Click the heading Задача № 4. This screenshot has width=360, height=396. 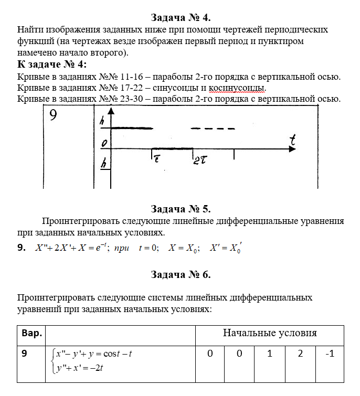(181, 18)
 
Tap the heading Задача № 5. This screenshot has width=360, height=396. (181, 209)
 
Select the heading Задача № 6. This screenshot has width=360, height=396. (181, 274)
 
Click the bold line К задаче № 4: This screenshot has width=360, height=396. (52, 65)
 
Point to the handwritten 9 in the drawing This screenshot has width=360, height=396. (54, 116)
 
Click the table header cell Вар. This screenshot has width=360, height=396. (31, 334)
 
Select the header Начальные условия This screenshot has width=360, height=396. (270, 333)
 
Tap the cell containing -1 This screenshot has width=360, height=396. (330, 354)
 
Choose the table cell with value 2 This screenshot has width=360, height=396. (300, 354)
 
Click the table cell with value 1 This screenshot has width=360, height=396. (270, 354)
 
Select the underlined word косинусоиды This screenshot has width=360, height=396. (237, 88)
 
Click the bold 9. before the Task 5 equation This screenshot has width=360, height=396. (22, 248)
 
